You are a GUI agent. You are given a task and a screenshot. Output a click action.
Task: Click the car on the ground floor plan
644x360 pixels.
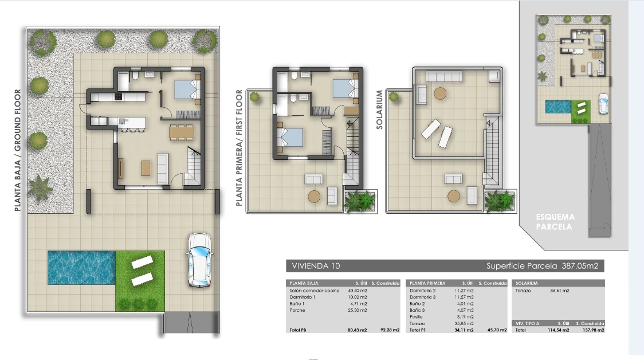click(199, 260)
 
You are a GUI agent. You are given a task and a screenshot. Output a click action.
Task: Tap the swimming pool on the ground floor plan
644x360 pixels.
click(81, 268)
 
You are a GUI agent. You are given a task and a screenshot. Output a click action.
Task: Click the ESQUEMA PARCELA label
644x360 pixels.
click(555, 222)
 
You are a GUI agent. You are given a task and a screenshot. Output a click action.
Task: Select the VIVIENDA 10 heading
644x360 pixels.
click(316, 266)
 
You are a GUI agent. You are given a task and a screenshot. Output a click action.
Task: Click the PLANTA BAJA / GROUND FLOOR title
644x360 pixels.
click(17, 150)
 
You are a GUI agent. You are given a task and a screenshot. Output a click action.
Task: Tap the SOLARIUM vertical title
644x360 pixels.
click(379, 109)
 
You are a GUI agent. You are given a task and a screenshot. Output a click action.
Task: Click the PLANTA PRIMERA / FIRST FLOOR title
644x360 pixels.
click(239, 148)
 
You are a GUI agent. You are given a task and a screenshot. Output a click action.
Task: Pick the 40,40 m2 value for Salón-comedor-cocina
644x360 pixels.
click(358, 291)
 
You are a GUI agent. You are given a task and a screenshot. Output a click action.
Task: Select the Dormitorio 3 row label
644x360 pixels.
click(423, 297)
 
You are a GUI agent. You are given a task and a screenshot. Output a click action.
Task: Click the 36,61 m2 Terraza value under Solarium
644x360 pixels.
click(559, 291)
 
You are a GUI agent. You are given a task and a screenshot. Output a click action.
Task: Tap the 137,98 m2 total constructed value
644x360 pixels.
click(594, 330)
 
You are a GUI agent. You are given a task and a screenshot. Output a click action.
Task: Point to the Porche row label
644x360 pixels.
click(297, 310)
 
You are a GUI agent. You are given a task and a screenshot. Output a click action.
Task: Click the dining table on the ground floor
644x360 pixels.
click(182, 132)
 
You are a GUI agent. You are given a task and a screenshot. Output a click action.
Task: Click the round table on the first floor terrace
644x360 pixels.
click(314, 197)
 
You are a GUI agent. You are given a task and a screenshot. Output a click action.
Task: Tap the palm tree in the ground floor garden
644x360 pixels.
click(40, 188)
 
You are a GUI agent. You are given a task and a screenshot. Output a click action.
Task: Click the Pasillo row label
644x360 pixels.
click(416, 317)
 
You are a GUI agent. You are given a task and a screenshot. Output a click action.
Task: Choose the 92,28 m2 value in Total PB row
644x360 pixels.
click(390, 330)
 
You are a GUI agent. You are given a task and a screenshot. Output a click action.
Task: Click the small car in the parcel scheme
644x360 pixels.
click(603, 104)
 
